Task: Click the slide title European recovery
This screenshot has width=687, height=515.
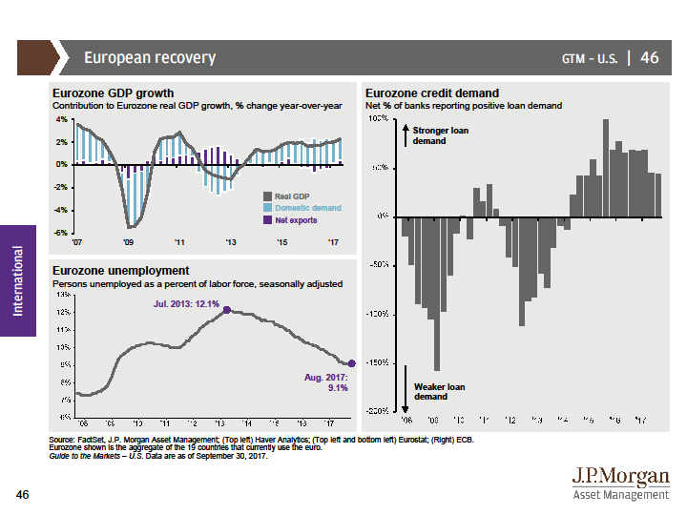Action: pos(150,58)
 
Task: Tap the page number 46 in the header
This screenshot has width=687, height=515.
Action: pos(650,58)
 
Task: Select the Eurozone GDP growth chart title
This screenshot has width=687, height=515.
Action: pos(113,93)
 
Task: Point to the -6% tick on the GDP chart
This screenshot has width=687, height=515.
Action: pos(61,233)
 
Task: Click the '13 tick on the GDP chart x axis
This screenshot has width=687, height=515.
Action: pos(231,242)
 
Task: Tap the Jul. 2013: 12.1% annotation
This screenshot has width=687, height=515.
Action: pos(186,303)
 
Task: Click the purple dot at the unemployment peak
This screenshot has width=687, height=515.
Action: pos(226,311)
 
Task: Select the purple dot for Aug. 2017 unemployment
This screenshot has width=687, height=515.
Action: pos(351,363)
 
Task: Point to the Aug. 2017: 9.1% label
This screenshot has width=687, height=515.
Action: pos(326,383)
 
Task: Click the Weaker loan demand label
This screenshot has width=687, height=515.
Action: pos(438,391)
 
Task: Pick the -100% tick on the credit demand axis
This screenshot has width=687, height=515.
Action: pos(377,314)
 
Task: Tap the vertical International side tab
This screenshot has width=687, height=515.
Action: pos(17,280)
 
